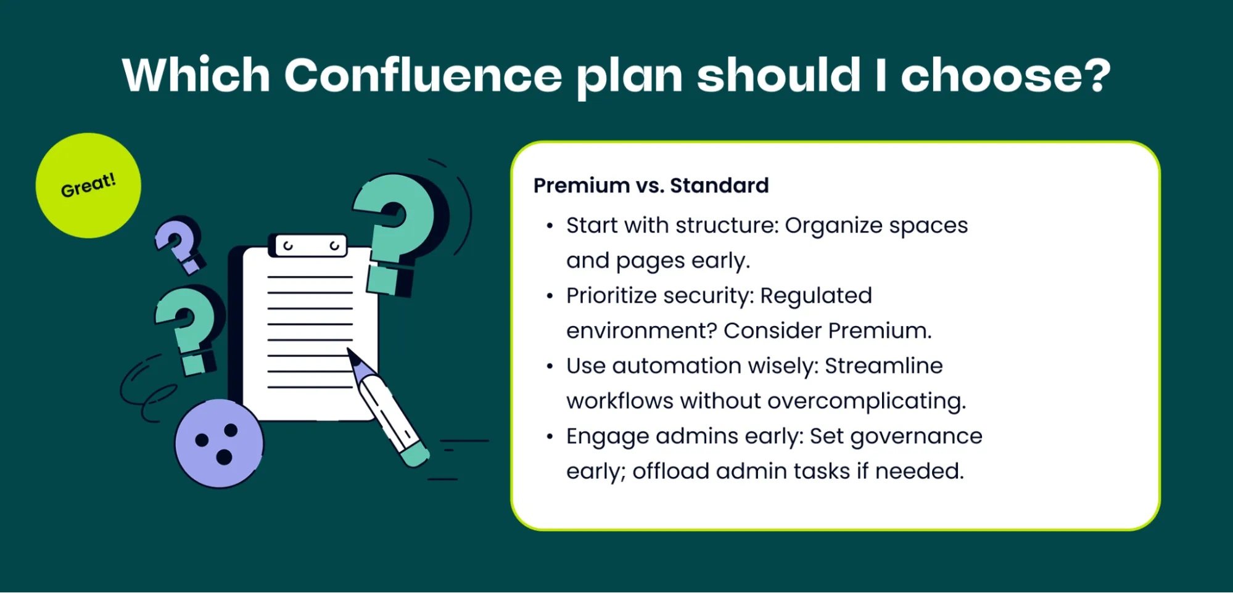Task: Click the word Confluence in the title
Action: click(423, 75)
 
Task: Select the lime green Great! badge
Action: click(88, 186)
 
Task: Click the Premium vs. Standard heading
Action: click(651, 186)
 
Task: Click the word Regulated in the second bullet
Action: click(815, 296)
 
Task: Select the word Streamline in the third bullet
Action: click(883, 366)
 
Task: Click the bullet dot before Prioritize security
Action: click(550, 296)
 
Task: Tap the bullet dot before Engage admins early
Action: click(550, 437)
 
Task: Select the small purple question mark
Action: click(179, 243)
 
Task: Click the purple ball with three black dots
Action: click(219, 443)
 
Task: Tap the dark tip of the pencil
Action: click(353, 356)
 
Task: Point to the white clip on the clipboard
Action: click(310, 245)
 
